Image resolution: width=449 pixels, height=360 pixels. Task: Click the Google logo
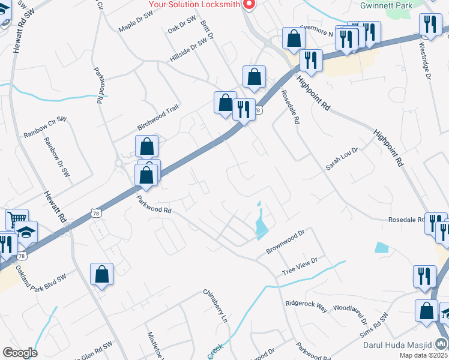(x=20, y=353)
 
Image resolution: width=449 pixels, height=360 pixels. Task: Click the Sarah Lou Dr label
(x=342, y=158)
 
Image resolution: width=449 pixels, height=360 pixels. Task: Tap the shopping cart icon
(x=17, y=220)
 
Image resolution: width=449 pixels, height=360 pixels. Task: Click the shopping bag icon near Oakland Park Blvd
(x=102, y=274)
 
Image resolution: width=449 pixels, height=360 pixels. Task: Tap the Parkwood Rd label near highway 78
(x=154, y=206)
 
